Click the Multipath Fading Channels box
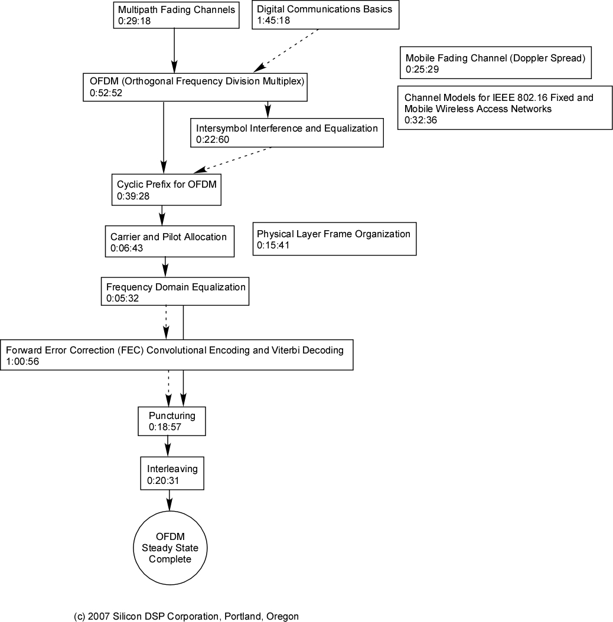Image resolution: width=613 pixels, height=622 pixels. click(x=176, y=15)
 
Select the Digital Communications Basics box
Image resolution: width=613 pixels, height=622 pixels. click(x=325, y=15)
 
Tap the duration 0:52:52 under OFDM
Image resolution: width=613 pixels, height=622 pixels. click(x=106, y=93)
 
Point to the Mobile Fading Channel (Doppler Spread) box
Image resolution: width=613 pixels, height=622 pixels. click(x=495, y=63)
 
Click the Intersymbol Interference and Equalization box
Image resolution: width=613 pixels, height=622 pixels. click(x=287, y=133)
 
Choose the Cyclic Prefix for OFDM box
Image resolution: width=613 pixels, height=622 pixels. click(x=167, y=189)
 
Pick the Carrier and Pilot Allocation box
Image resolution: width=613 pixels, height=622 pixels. click(x=169, y=241)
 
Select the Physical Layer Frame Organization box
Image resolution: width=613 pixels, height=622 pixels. click(x=335, y=239)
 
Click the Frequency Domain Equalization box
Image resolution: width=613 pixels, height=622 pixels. click(x=175, y=292)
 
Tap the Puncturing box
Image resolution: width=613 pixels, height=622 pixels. click(x=172, y=421)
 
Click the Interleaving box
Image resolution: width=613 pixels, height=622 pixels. click(x=172, y=473)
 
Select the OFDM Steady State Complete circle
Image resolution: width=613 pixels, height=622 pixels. click(x=170, y=548)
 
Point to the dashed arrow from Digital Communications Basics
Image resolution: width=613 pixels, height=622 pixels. click(x=286, y=51)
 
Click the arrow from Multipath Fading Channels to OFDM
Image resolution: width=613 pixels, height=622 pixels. click(x=174, y=51)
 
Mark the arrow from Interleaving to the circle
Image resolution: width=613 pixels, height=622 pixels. click(x=169, y=500)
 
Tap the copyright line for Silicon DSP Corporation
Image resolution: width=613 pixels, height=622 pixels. click(x=186, y=616)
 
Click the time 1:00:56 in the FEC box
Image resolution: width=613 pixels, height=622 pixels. click(x=22, y=361)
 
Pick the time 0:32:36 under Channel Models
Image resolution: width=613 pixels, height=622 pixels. click(x=421, y=120)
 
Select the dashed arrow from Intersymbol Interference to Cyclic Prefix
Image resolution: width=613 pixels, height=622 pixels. click(x=232, y=161)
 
